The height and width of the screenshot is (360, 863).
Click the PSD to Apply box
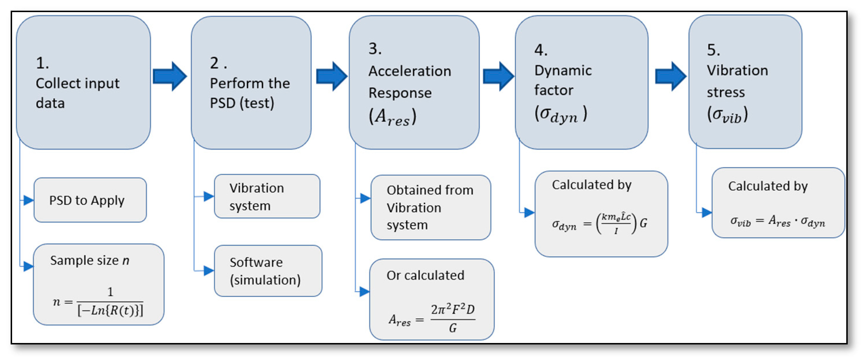[x=90, y=200]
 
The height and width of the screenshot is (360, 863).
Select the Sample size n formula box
[x=98, y=284]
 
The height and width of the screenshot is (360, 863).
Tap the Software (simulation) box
[x=268, y=271]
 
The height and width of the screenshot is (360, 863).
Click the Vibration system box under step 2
[x=267, y=196]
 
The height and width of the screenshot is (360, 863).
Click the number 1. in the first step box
[x=42, y=63]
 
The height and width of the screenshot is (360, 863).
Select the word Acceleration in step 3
[x=409, y=71]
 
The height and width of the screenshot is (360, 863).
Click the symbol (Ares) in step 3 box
[x=392, y=117]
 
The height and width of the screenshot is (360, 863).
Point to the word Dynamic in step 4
[x=563, y=70]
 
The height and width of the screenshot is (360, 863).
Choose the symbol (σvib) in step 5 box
[x=727, y=115]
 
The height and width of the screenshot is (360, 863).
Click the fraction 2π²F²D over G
[x=453, y=318]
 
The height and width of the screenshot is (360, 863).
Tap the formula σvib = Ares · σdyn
[x=777, y=222]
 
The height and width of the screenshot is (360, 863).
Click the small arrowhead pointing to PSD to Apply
[x=29, y=200]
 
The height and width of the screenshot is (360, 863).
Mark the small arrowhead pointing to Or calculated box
[x=364, y=291]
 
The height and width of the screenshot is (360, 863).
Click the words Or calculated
[x=425, y=275]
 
